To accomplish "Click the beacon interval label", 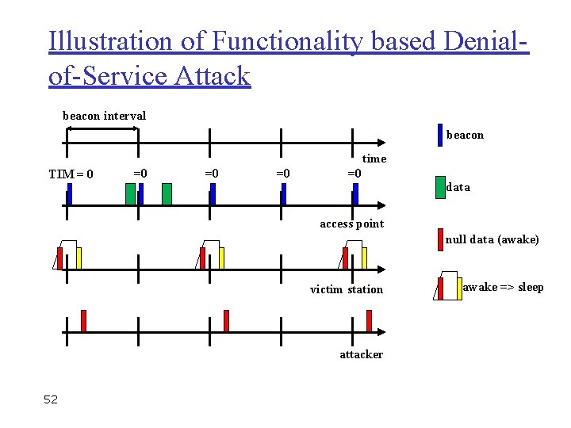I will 104,116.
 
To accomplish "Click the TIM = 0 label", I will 71,174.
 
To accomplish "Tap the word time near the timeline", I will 374,159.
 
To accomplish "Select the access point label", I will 351,224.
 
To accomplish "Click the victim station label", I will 346,289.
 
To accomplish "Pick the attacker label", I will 361,354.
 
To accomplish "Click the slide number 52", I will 51,399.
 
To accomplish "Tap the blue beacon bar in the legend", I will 440,135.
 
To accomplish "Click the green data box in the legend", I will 440,185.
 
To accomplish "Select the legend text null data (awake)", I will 492,239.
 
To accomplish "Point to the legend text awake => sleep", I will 503,287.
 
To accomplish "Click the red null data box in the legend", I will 440,239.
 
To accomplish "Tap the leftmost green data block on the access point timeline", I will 130,193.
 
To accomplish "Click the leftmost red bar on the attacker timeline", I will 83,320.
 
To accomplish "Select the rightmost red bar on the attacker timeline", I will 369,320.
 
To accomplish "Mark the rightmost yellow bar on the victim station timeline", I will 365,258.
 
